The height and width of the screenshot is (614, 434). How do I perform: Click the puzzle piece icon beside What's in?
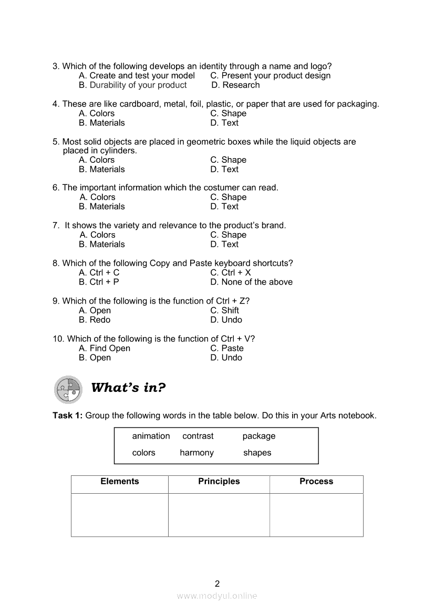68,389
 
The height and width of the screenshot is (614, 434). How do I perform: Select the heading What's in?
128,388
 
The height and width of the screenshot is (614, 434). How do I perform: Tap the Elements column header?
120,482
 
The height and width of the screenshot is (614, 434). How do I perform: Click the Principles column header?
219,482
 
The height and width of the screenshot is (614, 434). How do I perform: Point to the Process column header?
316,482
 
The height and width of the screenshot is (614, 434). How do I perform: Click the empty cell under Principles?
219,515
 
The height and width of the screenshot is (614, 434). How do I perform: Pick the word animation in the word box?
151,436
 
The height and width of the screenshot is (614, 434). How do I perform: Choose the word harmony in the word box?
197,453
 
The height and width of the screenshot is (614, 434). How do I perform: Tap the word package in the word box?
259,436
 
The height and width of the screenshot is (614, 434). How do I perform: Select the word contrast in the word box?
198,436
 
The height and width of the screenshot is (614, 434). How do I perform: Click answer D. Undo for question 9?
226,320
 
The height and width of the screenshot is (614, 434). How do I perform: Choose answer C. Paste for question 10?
227,348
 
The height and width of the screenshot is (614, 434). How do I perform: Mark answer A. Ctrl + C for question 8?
99,273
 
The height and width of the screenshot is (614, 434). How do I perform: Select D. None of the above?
252,282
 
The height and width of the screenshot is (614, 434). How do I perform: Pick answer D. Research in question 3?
236,85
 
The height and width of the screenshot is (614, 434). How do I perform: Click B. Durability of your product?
133,85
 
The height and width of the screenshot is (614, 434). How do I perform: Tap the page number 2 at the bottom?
218,583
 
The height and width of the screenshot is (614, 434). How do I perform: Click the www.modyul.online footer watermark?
217,596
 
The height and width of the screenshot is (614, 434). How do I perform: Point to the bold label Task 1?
68,415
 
